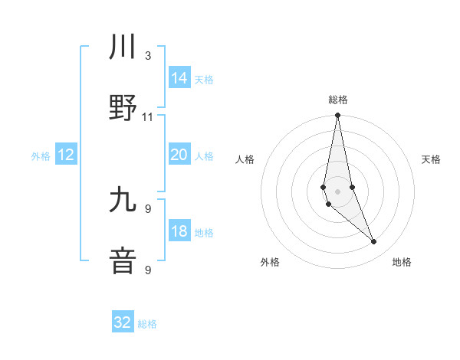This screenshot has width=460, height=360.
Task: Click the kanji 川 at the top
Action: [x=123, y=47]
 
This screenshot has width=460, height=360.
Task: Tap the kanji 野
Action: [x=123, y=107]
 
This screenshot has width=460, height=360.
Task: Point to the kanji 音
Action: [x=123, y=260]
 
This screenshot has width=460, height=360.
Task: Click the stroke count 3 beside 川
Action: [x=148, y=55]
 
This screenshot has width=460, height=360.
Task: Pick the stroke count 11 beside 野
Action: [x=148, y=116]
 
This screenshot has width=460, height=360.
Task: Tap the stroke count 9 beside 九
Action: [x=148, y=208]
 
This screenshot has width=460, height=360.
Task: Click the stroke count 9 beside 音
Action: [x=148, y=269]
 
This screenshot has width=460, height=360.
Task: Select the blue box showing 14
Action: [x=179, y=78]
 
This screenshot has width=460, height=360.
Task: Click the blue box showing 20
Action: [x=179, y=155]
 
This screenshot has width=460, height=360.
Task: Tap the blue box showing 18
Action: [x=179, y=232]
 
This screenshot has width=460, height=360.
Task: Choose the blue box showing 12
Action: [x=66, y=155]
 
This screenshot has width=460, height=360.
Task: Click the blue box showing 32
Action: [x=123, y=322]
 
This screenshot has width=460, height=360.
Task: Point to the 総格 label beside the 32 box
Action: [x=147, y=324]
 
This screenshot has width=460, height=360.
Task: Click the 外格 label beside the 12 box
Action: [x=41, y=156]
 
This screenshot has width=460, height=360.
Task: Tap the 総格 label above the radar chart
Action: [x=338, y=100]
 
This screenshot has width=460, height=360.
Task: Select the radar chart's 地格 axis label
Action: [x=402, y=262]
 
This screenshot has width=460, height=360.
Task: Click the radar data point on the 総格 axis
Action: [x=338, y=116]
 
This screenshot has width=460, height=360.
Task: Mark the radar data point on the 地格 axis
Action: [x=374, y=242]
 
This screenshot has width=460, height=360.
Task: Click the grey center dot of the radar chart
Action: [x=338, y=191]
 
